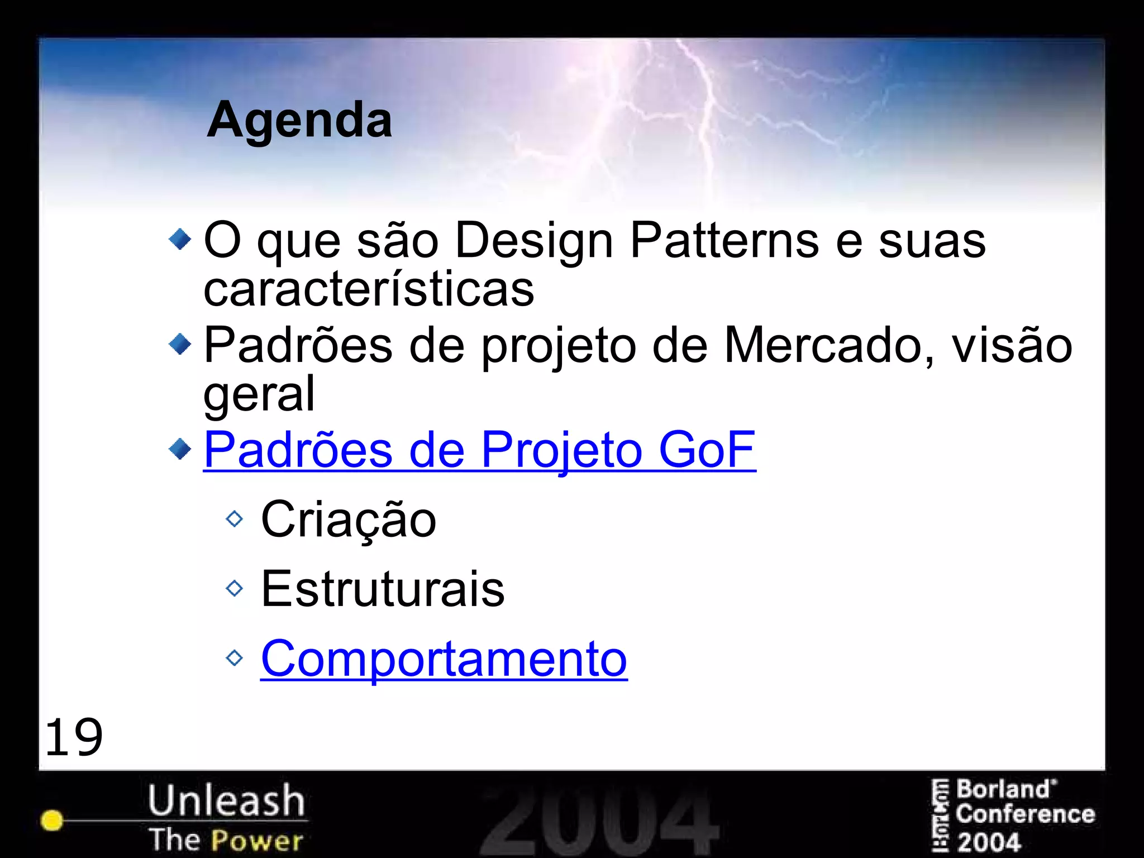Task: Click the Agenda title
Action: point(299,120)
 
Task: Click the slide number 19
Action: point(74,737)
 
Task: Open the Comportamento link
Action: point(444,659)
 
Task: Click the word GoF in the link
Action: point(707,450)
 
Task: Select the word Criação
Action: point(349,520)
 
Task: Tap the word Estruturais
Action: point(383,589)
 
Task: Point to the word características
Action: point(369,289)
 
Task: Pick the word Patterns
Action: point(724,241)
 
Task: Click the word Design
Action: point(534,241)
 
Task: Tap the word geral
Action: point(259,394)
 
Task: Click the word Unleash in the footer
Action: point(226,800)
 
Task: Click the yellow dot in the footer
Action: point(52,820)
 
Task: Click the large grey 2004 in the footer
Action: point(599,821)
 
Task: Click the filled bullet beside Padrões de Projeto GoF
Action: point(180,449)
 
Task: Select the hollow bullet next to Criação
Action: point(235,519)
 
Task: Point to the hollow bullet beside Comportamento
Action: point(235,658)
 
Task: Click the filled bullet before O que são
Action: point(180,240)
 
